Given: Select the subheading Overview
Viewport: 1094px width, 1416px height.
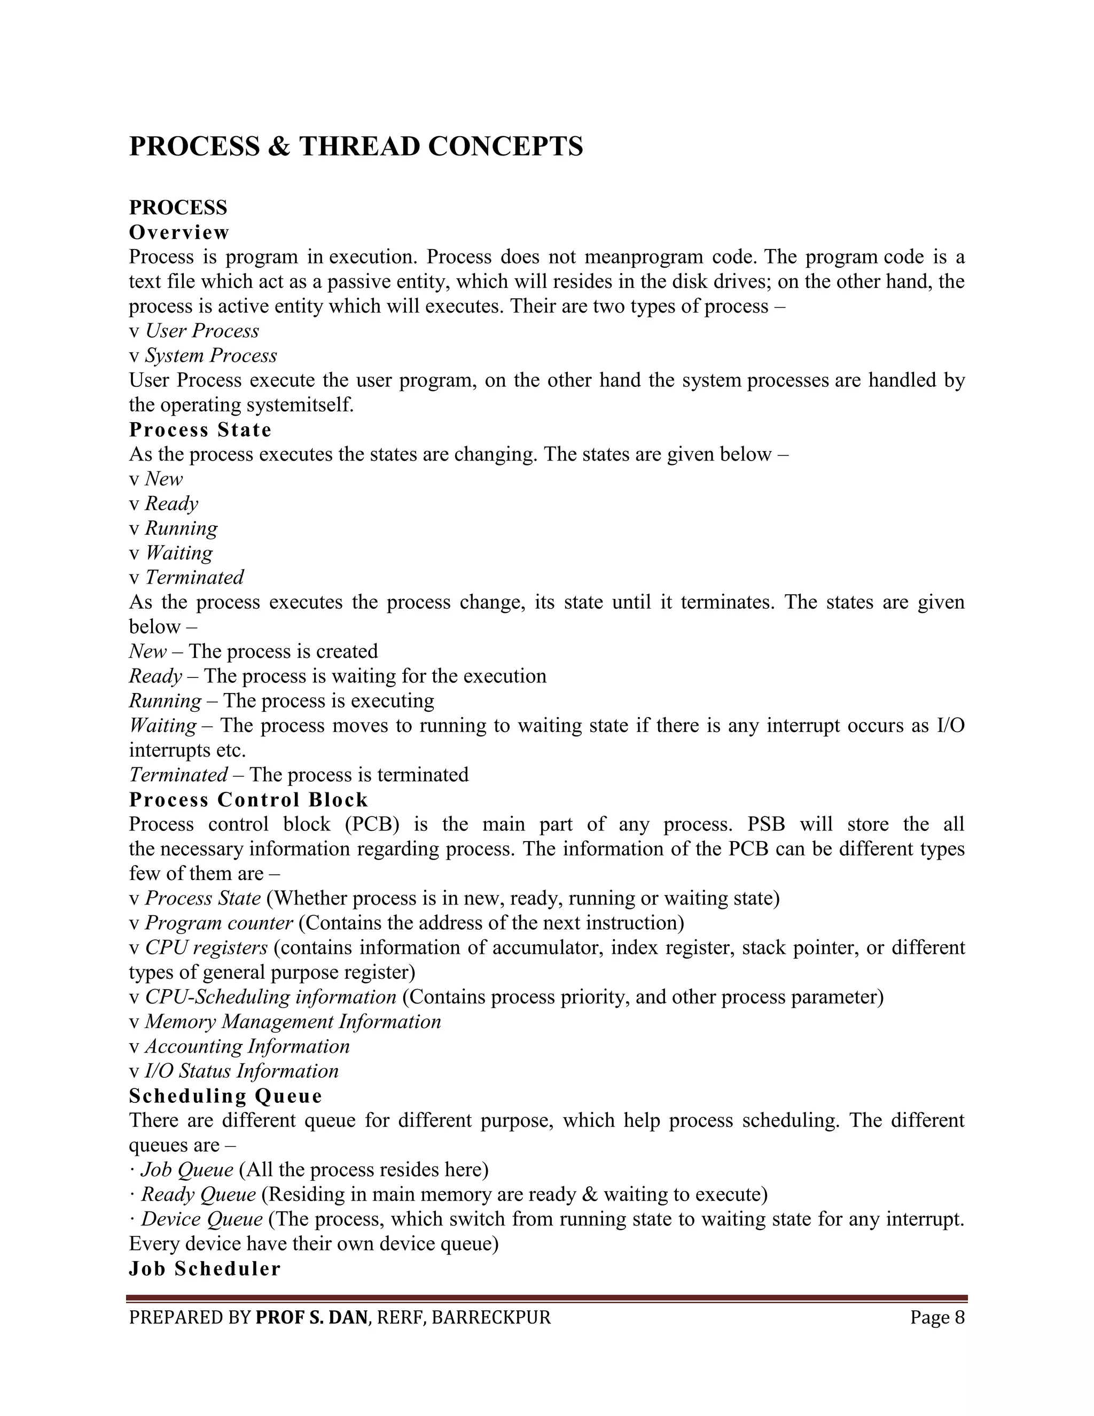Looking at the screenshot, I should point(179,232).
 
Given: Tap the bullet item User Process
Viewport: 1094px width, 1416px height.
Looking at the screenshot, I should point(201,331).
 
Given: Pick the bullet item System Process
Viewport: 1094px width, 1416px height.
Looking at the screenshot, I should point(210,355).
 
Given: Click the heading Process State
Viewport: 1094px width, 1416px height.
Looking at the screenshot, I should point(200,430).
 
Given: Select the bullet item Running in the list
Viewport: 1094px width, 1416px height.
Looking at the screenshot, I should point(181,528).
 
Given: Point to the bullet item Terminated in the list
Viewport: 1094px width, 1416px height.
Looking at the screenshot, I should point(194,577).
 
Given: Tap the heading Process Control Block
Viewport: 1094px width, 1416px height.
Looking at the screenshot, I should point(248,799).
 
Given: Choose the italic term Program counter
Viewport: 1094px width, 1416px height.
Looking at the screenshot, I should point(219,923).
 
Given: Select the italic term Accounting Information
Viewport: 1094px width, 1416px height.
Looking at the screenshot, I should point(247,1046).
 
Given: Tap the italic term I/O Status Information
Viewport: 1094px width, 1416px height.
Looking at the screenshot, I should point(241,1070).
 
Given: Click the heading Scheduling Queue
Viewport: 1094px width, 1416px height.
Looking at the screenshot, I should point(225,1096).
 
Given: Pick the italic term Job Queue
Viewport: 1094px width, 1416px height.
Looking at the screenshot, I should point(186,1170).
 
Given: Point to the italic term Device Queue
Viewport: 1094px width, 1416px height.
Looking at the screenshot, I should point(201,1219).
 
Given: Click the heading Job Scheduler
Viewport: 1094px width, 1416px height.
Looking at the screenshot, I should point(205,1269).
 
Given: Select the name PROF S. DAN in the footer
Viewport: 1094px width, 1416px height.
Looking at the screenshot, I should point(311,1318).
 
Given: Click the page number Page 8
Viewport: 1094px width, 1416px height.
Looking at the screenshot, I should point(937,1318).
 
